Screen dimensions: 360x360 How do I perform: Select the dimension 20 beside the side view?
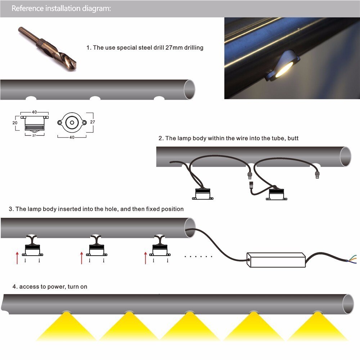(15, 122)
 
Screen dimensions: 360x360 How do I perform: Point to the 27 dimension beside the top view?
(93, 122)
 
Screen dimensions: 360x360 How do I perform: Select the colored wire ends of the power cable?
(354, 258)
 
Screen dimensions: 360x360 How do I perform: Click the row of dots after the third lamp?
(198, 257)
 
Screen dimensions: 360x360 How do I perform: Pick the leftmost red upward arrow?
(17, 258)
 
